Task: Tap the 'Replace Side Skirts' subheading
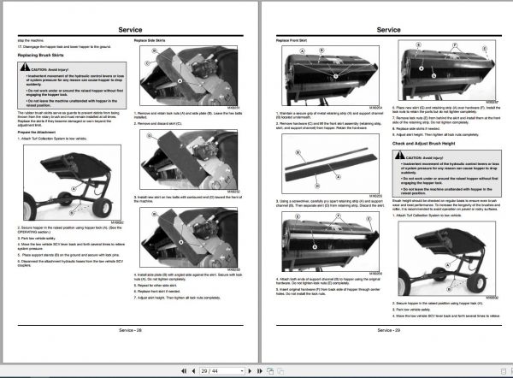[x=151, y=40]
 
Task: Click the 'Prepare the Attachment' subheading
[x=36, y=132]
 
